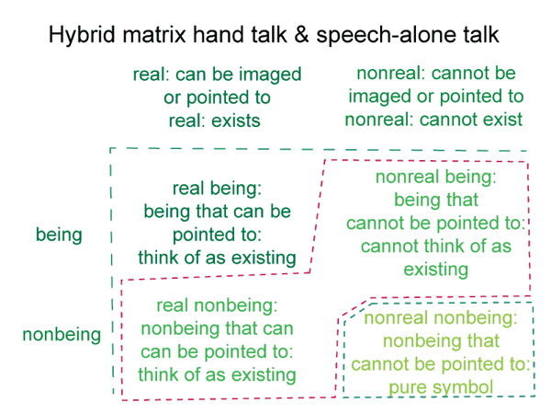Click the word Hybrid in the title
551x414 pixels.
[82, 35]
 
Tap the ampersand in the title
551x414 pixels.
[301, 35]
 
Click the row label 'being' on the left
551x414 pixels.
[59, 236]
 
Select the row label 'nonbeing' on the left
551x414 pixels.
[62, 335]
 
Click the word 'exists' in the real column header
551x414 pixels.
[236, 121]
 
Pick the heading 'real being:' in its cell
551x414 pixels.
[217, 189]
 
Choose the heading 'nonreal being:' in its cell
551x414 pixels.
[435, 177]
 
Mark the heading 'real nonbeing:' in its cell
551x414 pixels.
[217, 305]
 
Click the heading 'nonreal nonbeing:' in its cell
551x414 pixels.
[441, 318]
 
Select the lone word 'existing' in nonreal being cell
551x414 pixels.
[435, 270]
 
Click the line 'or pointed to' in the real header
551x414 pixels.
[217, 98]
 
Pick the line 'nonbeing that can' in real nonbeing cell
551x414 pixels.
[217, 328]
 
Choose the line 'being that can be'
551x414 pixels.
[217, 212]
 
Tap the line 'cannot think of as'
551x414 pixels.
[435, 246]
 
